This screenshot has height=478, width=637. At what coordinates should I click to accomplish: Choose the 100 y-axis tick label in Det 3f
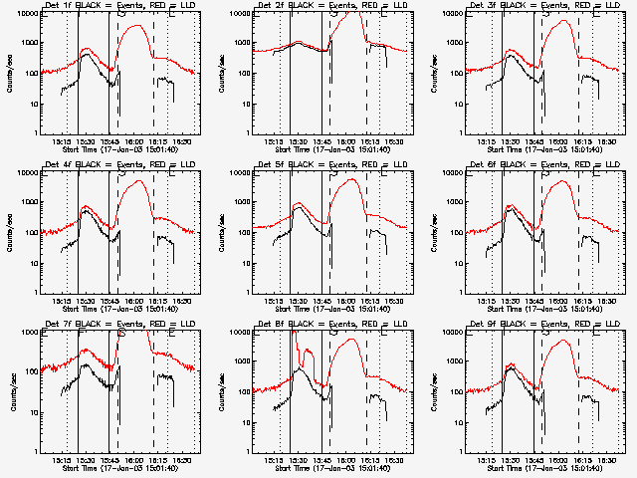[x=456, y=73]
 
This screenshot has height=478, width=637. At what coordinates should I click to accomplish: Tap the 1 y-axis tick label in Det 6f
[x=462, y=292]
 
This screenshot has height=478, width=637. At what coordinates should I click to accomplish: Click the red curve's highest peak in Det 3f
[x=566, y=20]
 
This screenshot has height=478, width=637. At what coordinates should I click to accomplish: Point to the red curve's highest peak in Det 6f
[x=564, y=181]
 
